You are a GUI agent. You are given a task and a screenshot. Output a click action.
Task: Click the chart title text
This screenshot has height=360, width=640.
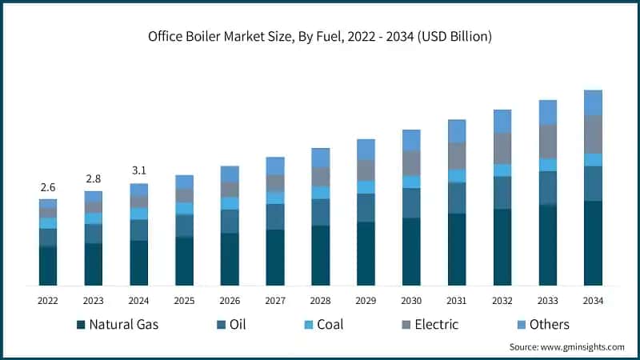click(320, 37)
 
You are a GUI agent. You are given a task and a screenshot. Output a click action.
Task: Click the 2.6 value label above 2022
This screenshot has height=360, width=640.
click(48, 187)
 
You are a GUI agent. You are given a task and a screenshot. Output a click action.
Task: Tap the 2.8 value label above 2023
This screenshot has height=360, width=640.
click(94, 178)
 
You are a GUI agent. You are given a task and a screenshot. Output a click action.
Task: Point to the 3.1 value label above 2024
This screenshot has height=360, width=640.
click(139, 170)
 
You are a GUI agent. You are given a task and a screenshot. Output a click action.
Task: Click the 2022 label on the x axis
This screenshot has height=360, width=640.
click(48, 301)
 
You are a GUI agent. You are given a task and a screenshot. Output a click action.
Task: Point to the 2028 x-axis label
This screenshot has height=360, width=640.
click(321, 301)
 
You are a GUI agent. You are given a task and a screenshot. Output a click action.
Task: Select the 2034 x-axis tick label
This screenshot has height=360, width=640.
click(593, 301)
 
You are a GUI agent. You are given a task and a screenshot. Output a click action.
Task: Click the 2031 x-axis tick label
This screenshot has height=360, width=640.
click(457, 301)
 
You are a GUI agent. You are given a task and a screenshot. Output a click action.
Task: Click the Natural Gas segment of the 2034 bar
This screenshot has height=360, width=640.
click(593, 243)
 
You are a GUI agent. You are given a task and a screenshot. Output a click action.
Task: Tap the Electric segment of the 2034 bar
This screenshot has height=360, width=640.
click(593, 134)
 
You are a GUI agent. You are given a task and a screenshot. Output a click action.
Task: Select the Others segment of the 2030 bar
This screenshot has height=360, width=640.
click(411, 140)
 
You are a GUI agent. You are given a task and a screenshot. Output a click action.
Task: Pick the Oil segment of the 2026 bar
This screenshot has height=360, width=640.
click(230, 221)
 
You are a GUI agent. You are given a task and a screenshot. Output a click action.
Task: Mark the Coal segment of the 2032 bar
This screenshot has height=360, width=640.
click(502, 170)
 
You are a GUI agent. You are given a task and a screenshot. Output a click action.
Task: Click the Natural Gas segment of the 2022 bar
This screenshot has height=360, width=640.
click(48, 266)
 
